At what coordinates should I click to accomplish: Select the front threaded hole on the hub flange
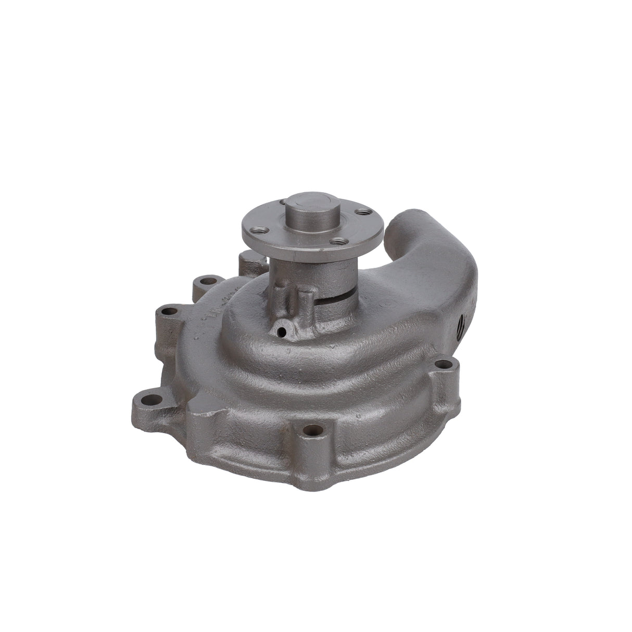(x=338, y=241)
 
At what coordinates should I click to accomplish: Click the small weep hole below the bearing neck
(x=282, y=330)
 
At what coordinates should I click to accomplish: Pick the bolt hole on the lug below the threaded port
(x=444, y=365)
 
